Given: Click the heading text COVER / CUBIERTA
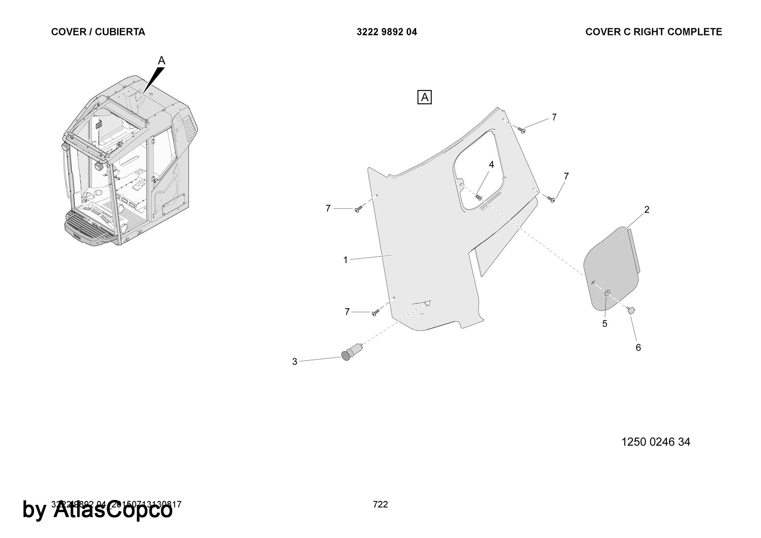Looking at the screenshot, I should (x=98, y=32).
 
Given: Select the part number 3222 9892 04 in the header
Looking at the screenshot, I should (x=387, y=32).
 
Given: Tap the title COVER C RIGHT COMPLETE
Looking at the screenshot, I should (x=653, y=32).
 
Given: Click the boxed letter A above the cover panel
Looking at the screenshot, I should (x=425, y=97).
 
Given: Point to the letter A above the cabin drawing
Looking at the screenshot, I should (x=162, y=60).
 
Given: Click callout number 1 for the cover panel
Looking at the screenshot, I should (x=345, y=260).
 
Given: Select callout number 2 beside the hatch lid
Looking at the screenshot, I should (x=646, y=210).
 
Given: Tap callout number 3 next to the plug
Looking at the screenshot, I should (x=295, y=362).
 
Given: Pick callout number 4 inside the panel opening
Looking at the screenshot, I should (x=491, y=165).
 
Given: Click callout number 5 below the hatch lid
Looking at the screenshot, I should (x=605, y=324).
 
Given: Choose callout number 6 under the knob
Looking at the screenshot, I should (x=638, y=347).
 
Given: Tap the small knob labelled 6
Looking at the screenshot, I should (x=631, y=311).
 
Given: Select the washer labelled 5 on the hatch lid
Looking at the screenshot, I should (x=607, y=293).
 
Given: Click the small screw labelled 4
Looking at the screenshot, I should (x=479, y=197).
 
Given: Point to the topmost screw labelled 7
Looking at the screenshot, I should (x=522, y=130).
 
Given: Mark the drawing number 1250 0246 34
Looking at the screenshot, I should (x=656, y=442).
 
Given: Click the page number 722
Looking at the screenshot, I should (x=380, y=505).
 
